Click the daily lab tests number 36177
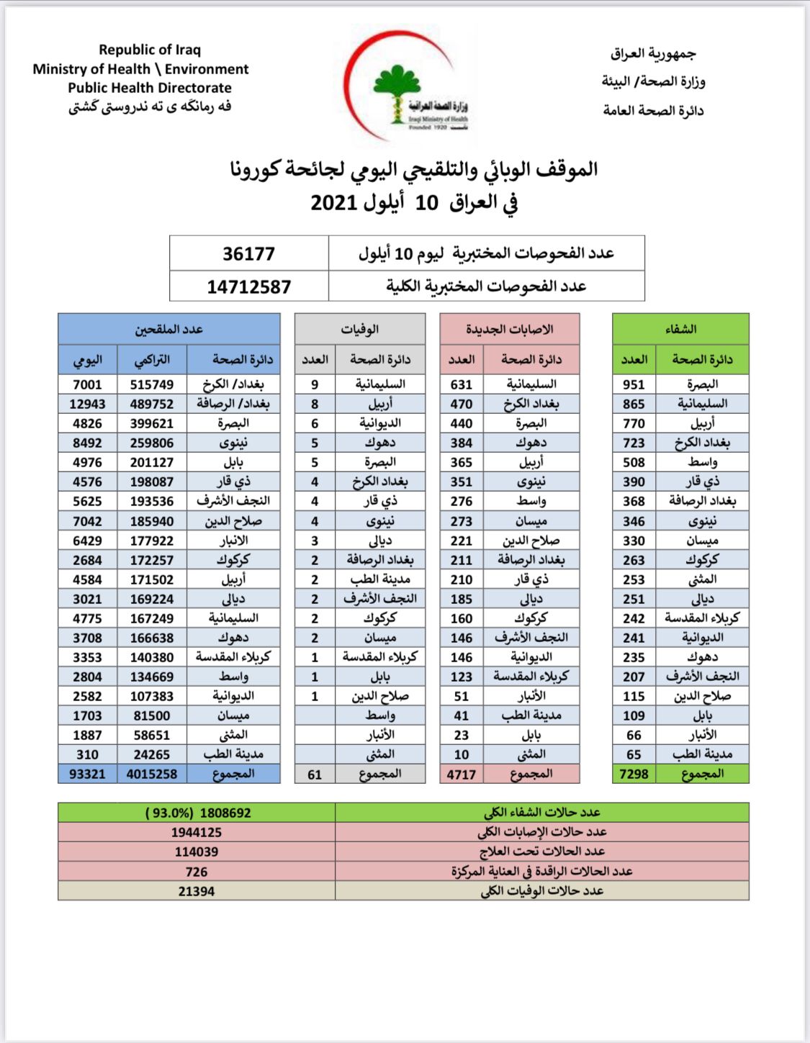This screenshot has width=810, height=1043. tap(248, 253)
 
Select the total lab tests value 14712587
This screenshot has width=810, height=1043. tap(248, 286)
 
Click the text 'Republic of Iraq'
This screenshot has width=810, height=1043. tap(150, 50)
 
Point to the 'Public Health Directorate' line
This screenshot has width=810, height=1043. tap(150, 88)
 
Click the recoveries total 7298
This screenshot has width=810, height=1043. tap(634, 774)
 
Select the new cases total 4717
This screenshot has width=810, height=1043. tap(462, 775)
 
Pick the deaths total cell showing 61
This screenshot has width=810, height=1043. tap(315, 775)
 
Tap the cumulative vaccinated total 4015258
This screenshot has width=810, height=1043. tap(152, 774)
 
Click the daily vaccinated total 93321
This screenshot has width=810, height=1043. tap(87, 774)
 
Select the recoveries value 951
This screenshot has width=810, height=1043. tap(634, 384)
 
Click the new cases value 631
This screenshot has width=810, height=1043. tap(462, 384)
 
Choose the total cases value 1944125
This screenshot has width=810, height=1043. tap(197, 832)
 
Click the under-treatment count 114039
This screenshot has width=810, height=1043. tap(197, 852)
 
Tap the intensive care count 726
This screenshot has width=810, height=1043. tap(197, 872)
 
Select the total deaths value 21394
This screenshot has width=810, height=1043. tap(197, 891)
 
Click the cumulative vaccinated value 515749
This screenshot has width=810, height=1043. tap(152, 384)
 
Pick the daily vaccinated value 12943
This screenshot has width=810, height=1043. tap(87, 404)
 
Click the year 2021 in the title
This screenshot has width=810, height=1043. tap(334, 202)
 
